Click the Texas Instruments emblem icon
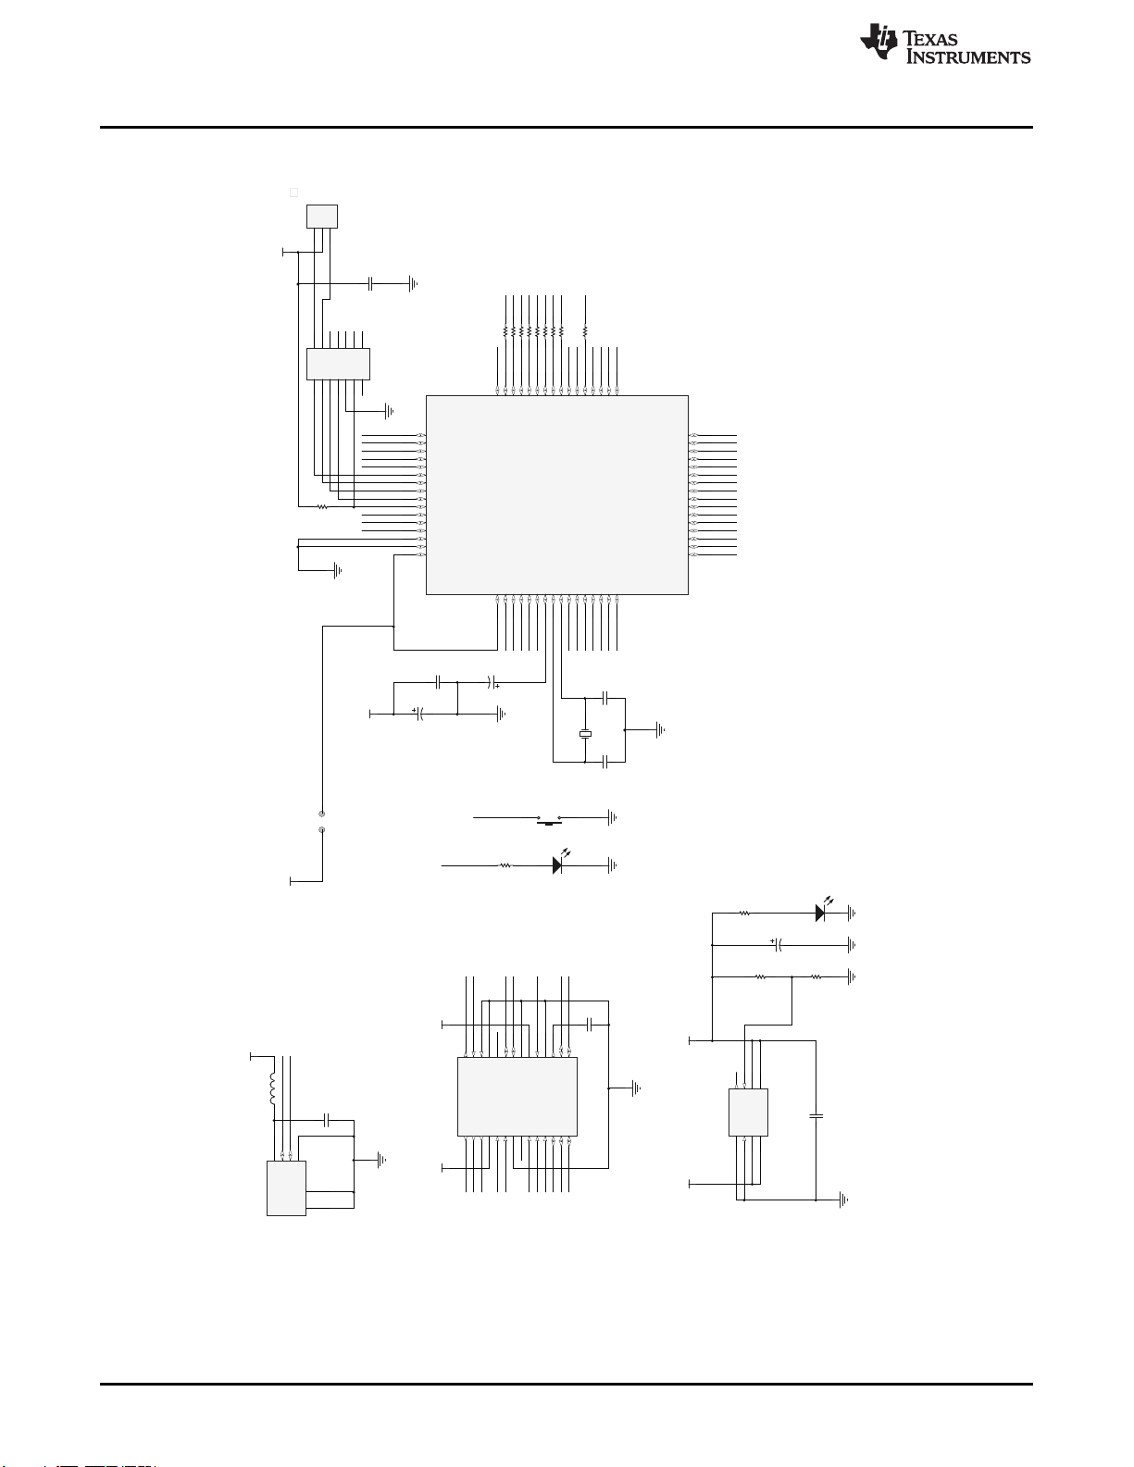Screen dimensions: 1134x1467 point(879,41)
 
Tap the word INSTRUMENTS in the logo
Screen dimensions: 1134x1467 point(968,56)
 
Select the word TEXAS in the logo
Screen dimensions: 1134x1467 point(930,39)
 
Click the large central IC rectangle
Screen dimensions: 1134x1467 point(557,495)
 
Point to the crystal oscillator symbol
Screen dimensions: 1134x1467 point(585,734)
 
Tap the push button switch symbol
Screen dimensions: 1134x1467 point(549,819)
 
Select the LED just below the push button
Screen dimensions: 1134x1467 point(558,864)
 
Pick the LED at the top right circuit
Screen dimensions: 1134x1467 point(821,912)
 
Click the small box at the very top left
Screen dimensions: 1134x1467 point(322,217)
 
